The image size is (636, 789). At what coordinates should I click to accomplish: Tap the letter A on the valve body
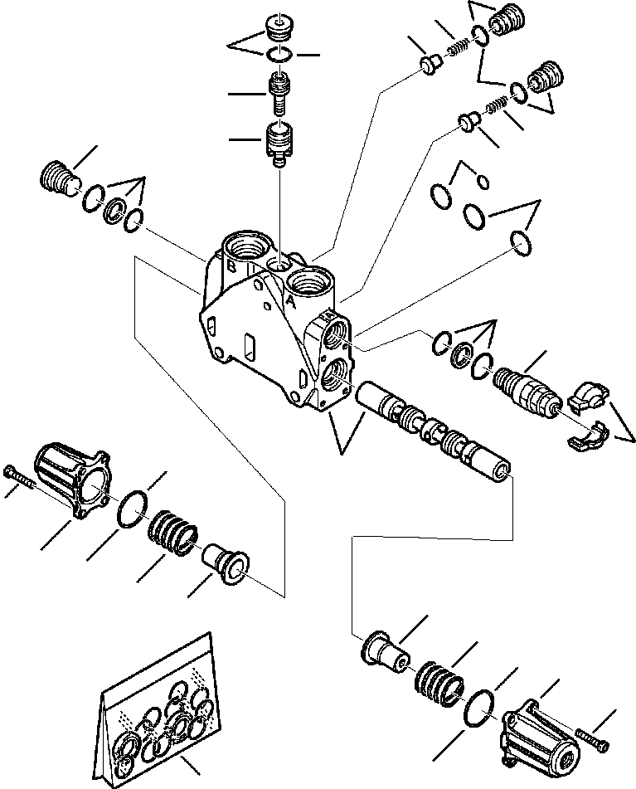click(293, 304)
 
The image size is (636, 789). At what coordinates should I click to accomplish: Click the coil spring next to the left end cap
click(173, 532)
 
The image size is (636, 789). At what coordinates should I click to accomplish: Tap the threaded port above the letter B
click(245, 246)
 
